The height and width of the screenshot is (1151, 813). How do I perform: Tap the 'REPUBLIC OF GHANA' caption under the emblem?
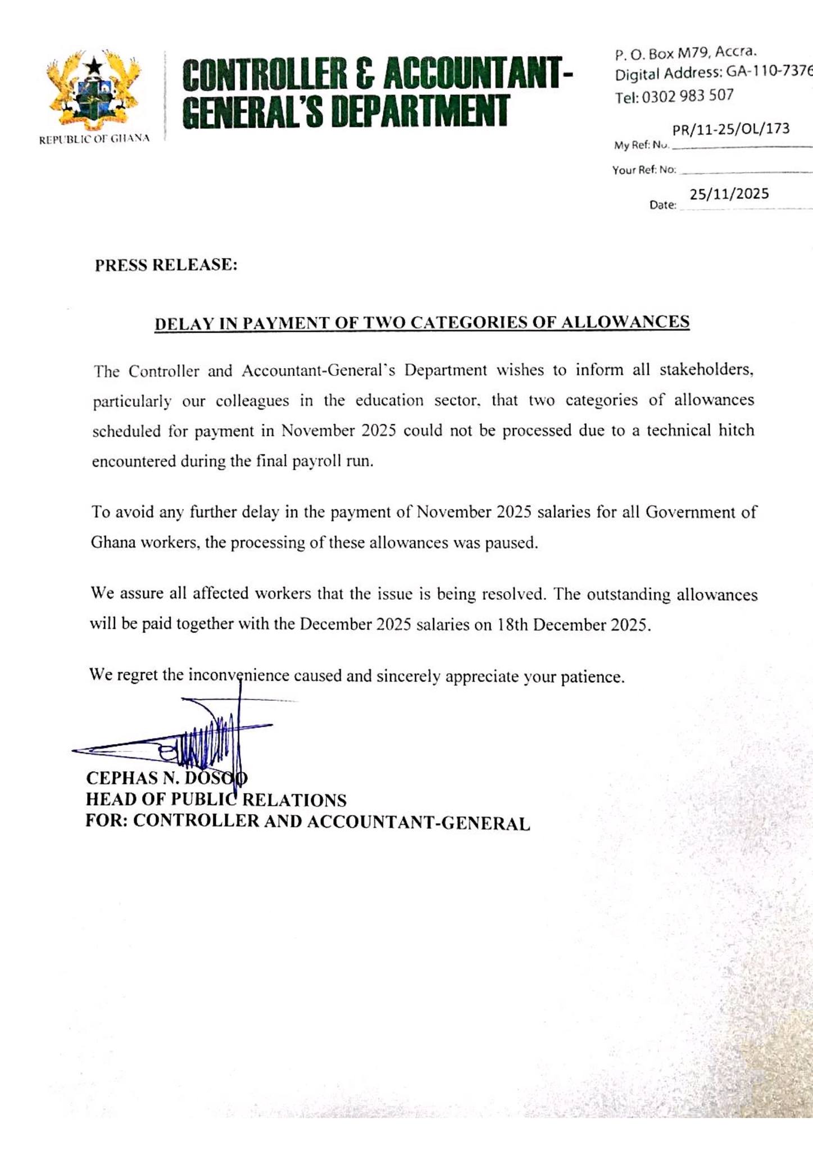pos(94,139)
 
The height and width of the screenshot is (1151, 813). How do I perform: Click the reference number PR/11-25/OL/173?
pos(730,129)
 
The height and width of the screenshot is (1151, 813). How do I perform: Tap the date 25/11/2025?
pos(729,194)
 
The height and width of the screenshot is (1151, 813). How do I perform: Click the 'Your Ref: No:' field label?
pos(644,170)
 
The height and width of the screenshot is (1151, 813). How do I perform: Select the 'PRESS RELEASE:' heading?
pos(166,265)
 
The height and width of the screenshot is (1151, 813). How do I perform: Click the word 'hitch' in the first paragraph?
pos(736,431)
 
